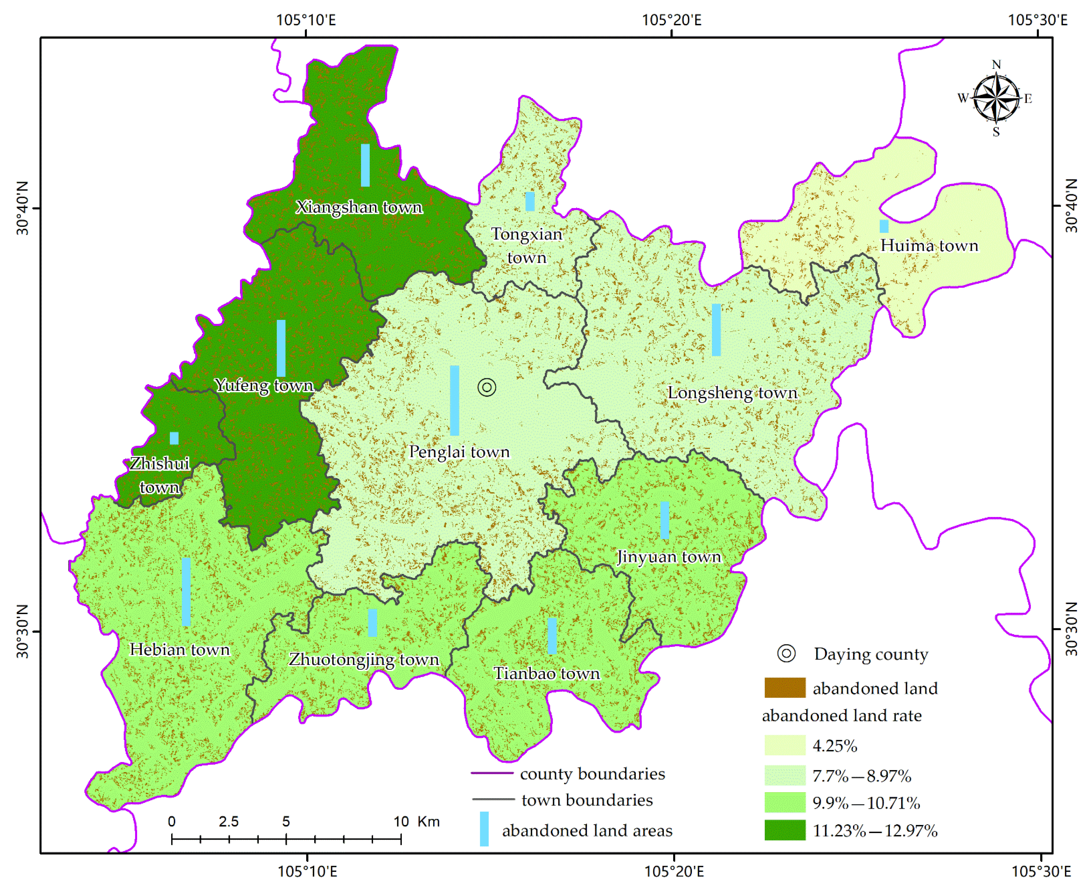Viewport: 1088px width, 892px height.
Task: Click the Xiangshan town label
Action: (x=359, y=207)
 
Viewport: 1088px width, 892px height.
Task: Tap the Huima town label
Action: (x=929, y=246)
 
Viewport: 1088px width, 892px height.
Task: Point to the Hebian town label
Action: (x=179, y=649)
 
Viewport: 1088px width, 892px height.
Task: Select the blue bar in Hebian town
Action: (x=186, y=592)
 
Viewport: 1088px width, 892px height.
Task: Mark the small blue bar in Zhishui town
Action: (x=174, y=438)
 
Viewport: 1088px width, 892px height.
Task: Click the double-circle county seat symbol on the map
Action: (x=486, y=387)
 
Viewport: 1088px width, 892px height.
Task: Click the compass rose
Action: (x=996, y=98)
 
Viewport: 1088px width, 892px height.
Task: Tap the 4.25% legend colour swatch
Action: (x=784, y=745)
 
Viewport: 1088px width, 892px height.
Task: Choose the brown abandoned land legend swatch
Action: (x=784, y=687)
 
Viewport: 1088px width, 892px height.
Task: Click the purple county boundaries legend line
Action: (x=492, y=773)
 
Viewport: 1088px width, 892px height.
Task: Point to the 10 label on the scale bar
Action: (x=401, y=822)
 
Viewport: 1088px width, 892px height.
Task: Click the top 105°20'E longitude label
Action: (x=671, y=20)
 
